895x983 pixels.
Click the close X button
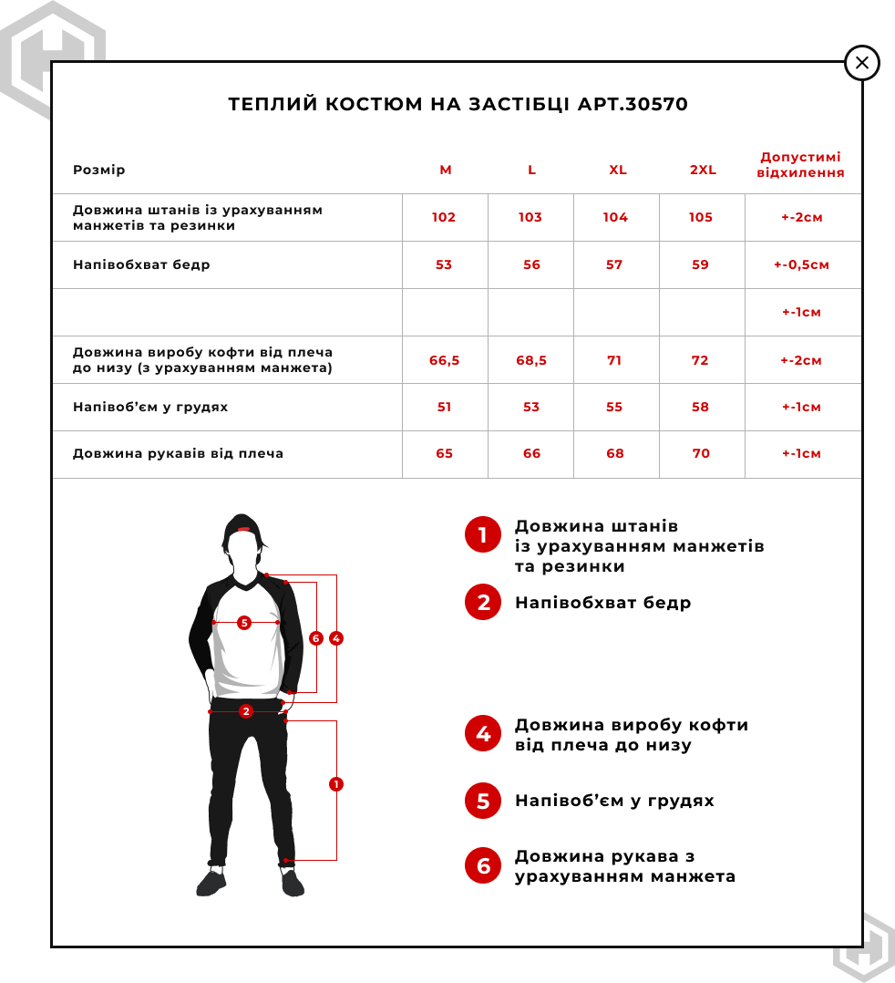click(861, 64)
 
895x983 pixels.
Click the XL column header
click(618, 171)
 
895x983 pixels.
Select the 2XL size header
click(703, 171)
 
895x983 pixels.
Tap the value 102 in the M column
click(444, 218)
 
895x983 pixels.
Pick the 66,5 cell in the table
click(444, 360)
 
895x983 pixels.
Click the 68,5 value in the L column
click(531, 360)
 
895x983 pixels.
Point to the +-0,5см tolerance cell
click(801, 265)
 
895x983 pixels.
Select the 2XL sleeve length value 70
click(701, 454)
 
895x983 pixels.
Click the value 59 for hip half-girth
click(701, 265)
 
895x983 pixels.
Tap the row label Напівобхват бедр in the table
click(141, 265)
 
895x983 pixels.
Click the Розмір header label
click(99, 171)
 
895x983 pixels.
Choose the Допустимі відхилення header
click(801, 165)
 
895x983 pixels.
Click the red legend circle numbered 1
click(483, 535)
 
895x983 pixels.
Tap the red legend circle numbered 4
click(483, 734)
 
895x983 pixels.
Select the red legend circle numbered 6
click(483, 866)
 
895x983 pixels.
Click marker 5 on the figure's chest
click(243, 623)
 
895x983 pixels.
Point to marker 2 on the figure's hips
click(245, 711)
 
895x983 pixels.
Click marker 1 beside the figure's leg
click(336, 784)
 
